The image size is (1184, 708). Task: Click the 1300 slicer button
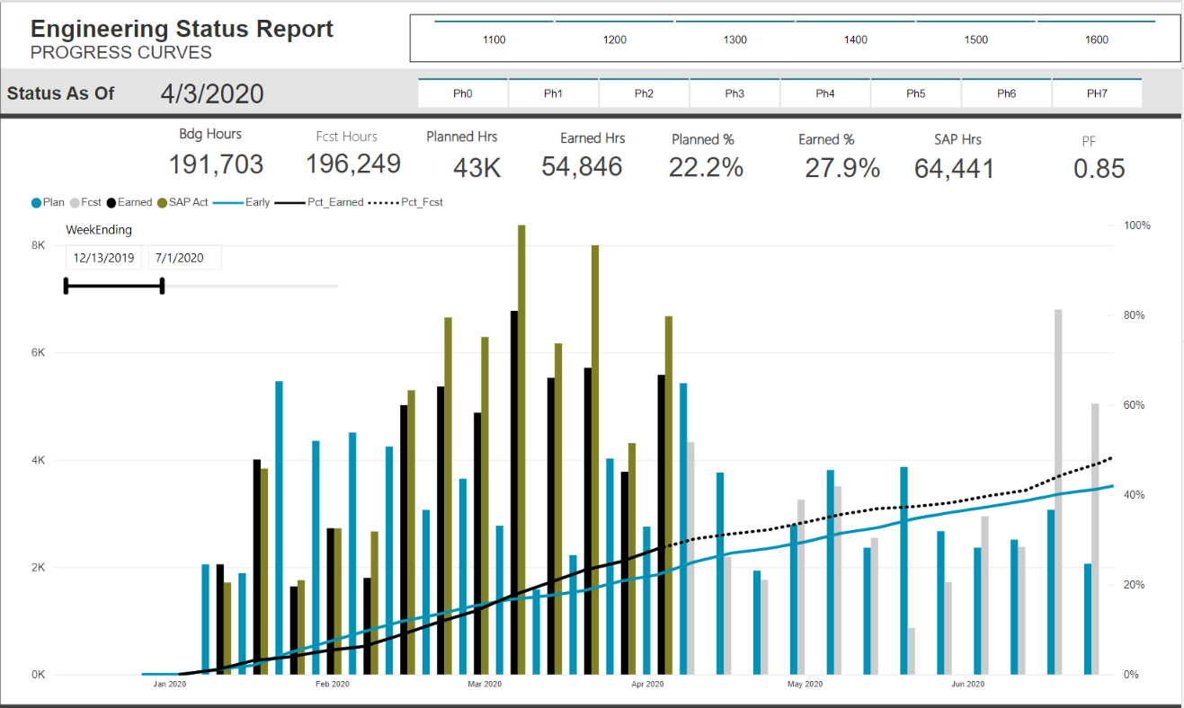tap(734, 40)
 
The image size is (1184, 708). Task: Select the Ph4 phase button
tap(825, 93)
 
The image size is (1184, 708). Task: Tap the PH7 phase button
tap(1096, 93)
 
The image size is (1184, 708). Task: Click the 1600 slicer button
tap(1096, 40)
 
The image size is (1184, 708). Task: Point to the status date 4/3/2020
tap(212, 93)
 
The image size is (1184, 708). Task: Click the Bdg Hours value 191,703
tap(216, 164)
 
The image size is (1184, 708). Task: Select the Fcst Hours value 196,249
tap(353, 164)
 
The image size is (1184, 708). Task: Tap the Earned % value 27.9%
tap(841, 168)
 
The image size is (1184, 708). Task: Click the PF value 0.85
tap(1099, 169)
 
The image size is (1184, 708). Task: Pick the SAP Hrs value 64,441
tap(954, 168)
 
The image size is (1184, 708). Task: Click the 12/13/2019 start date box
tap(104, 258)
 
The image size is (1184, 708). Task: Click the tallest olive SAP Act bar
tap(521, 449)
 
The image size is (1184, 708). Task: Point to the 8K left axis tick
tap(39, 245)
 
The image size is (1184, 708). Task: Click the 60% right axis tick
tap(1137, 405)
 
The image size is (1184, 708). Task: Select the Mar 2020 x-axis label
tap(485, 685)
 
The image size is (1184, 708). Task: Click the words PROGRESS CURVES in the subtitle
tap(121, 52)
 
